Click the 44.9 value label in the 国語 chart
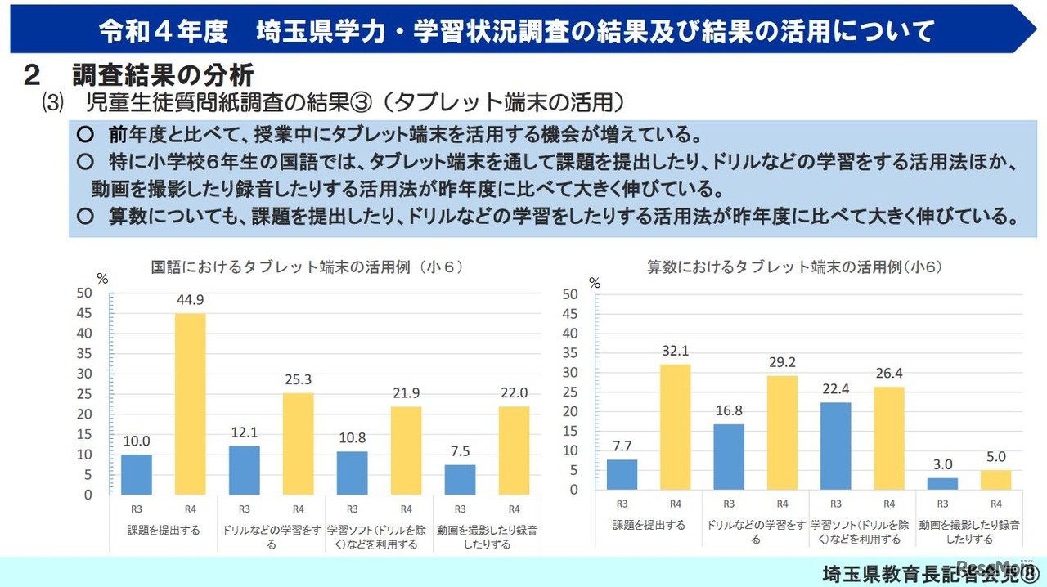pyautogui.click(x=190, y=300)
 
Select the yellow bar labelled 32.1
pyautogui.click(x=676, y=427)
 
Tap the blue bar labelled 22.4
pyautogui.click(x=836, y=446)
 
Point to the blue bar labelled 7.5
pyautogui.click(x=461, y=479)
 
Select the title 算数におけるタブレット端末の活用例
pyautogui.click(x=794, y=267)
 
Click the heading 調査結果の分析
pyautogui.click(x=163, y=75)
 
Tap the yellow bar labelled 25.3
pyautogui.click(x=298, y=443)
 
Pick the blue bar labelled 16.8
pyautogui.click(x=729, y=456)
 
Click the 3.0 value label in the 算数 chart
pyautogui.click(x=942, y=465)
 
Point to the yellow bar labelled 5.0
pyautogui.click(x=995, y=480)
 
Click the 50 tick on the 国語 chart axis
pyautogui.click(x=84, y=293)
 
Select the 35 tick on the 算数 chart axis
pyautogui.click(x=570, y=352)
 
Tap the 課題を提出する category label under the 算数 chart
pyautogui.click(x=649, y=525)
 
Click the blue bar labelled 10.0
pyautogui.click(x=137, y=474)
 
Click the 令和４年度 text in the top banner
pyautogui.click(x=163, y=32)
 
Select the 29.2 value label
pyautogui.click(x=782, y=361)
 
